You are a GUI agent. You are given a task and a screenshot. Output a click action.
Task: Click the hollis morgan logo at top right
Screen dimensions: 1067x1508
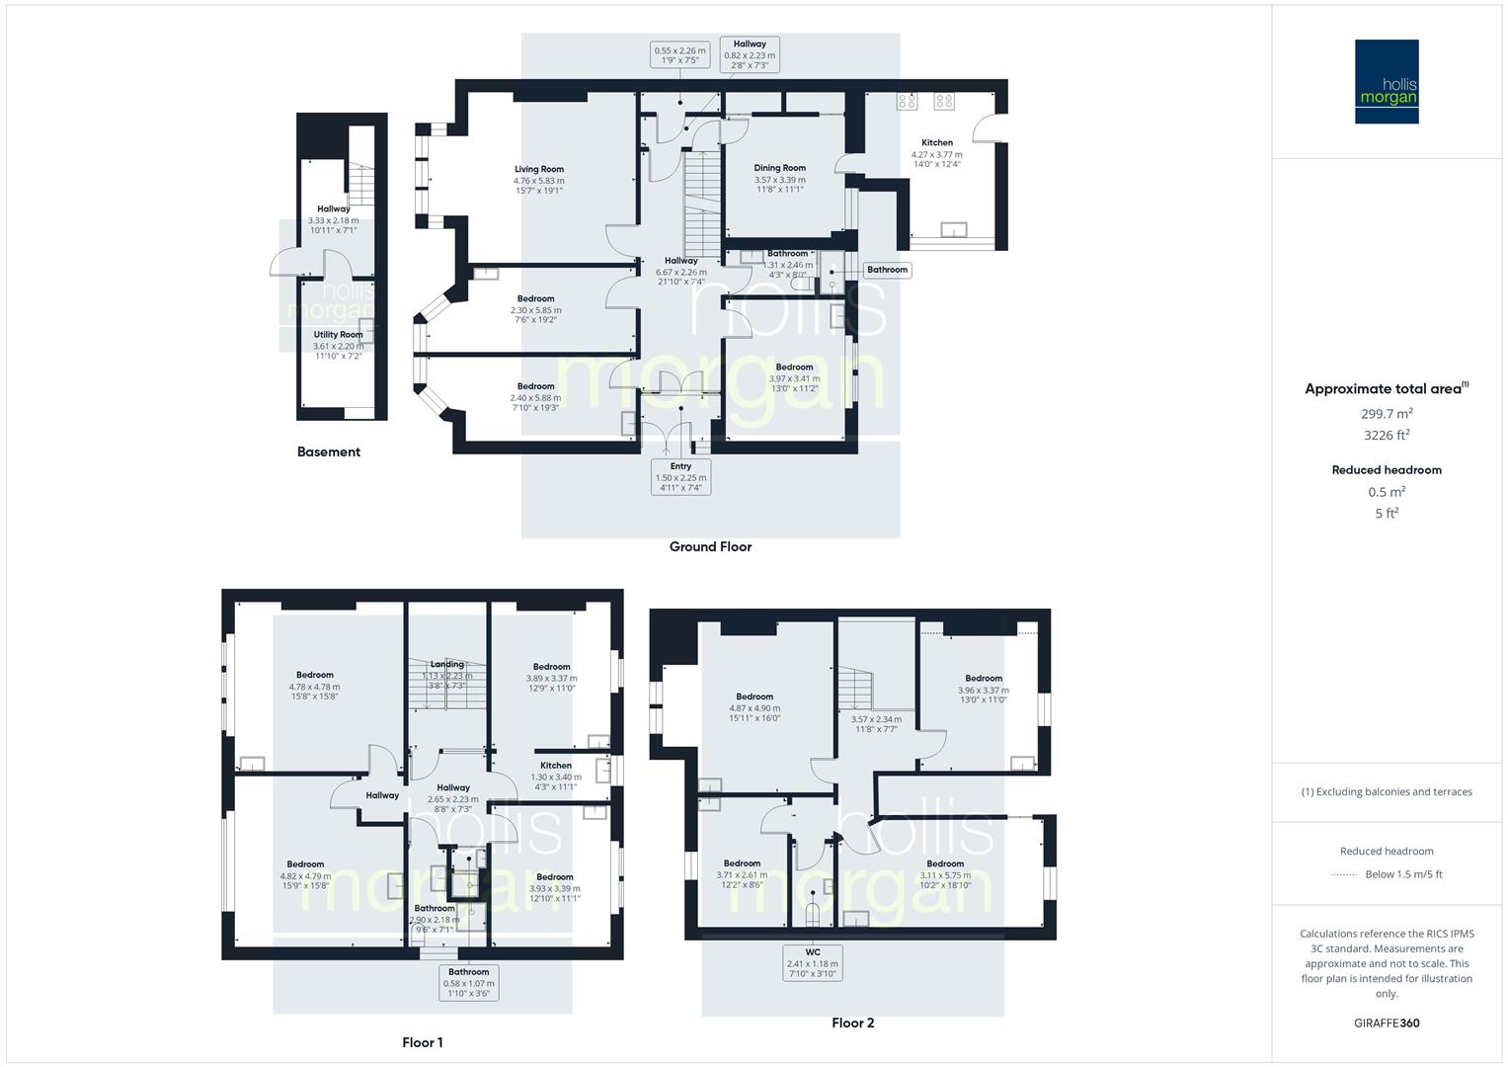coord(1387,81)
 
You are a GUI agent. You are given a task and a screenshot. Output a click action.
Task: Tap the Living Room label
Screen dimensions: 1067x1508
coord(538,169)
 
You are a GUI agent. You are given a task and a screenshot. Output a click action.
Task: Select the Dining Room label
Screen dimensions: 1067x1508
coord(779,168)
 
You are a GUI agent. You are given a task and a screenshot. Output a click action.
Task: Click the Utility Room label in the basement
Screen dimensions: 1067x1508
coord(338,335)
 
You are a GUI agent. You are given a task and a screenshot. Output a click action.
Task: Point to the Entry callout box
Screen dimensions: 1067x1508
coord(680,477)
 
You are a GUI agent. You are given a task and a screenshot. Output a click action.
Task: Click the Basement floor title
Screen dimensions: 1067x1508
coord(329,451)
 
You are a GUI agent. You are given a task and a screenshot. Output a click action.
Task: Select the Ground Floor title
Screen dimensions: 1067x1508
coord(710,546)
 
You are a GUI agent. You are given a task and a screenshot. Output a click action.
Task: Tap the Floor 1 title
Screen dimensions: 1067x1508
coord(422,1042)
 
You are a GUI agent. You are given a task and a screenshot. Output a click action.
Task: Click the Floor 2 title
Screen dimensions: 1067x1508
coord(852,1023)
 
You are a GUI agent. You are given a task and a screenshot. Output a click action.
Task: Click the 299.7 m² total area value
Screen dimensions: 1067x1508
coord(1387,414)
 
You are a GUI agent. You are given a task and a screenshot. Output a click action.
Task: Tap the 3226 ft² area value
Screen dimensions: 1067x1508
coord(1387,435)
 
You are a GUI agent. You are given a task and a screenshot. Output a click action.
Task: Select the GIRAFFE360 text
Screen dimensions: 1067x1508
coord(1387,1023)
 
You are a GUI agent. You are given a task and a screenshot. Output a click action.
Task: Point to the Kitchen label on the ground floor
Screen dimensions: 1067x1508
coord(937,143)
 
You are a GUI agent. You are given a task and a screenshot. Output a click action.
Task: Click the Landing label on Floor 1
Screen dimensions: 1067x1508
coord(447,664)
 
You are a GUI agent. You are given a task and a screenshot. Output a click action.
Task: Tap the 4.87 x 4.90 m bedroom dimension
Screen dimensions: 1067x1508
coord(754,708)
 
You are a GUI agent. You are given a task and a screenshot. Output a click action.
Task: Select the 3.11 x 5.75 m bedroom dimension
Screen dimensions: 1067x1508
coord(945,875)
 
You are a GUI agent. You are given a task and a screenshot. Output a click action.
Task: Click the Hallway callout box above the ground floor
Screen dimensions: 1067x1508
coord(750,50)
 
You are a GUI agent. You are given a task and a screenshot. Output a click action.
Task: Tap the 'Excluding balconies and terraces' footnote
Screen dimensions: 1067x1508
coord(1387,791)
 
